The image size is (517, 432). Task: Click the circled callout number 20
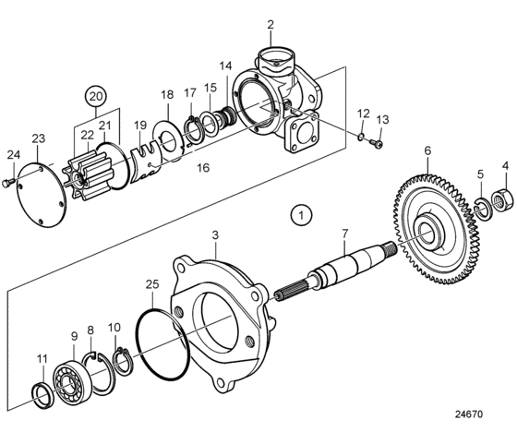coord(96,97)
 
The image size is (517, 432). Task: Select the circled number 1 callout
coord(301,215)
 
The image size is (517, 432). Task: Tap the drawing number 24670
coord(469,414)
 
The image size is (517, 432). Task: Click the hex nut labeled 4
coord(502,199)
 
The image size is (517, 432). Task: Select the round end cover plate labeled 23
coord(42,194)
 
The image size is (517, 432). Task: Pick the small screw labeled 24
coord(8,182)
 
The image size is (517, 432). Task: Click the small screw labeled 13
coord(377,143)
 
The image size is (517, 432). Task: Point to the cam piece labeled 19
coord(145,162)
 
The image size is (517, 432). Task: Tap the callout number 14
coord(226,66)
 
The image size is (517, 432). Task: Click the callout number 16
coord(203,168)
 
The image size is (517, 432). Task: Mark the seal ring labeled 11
coord(43,395)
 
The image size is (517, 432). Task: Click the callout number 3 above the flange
coord(215,235)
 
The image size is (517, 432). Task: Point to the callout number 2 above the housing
coord(271,24)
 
